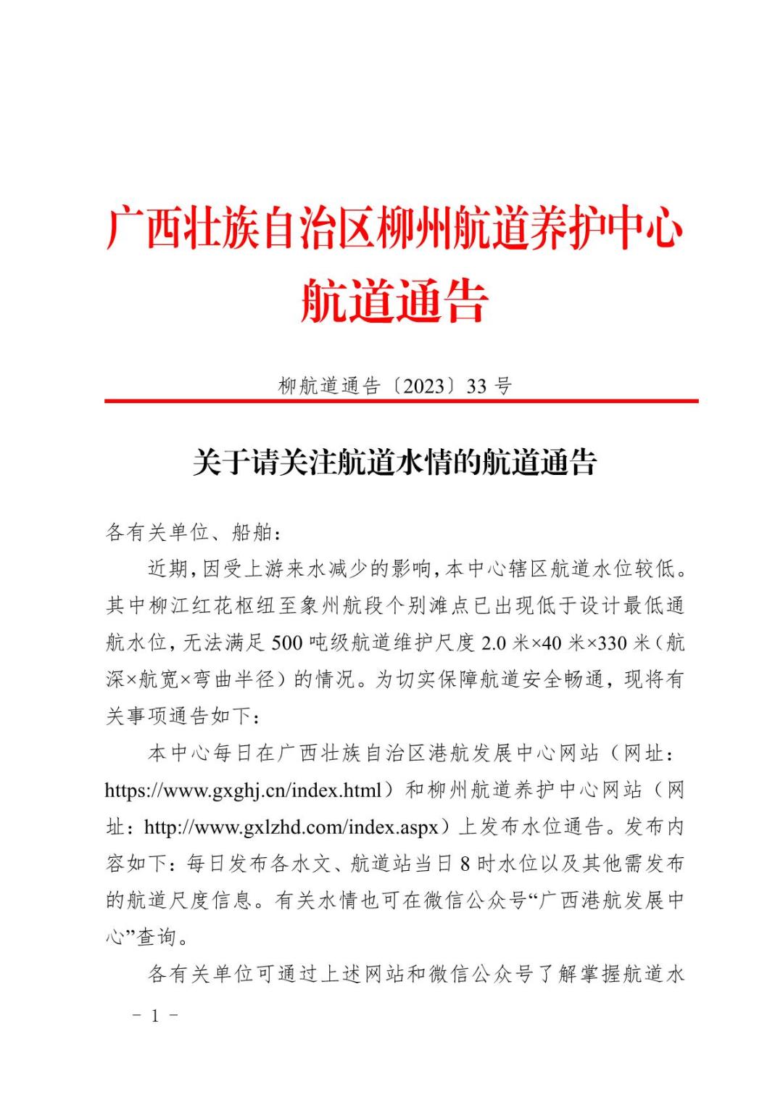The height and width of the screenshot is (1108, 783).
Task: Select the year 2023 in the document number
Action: [x=423, y=386]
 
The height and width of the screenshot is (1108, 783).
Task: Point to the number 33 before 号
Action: [x=476, y=386]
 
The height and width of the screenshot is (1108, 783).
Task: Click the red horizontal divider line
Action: [x=401, y=401]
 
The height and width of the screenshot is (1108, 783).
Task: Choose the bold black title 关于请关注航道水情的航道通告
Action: [x=394, y=462]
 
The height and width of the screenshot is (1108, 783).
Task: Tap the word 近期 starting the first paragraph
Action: [x=168, y=570]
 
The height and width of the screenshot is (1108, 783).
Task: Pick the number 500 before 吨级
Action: [x=286, y=643]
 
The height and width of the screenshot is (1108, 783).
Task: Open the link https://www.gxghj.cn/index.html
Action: [x=243, y=790]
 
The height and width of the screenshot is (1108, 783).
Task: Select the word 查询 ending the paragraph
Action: [x=157, y=938]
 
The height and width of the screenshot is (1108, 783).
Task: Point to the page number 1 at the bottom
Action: [x=154, y=1016]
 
